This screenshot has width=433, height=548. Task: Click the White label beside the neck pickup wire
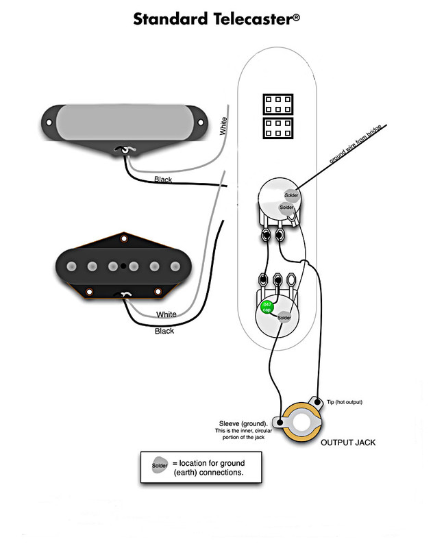pyautogui.click(x=224, y=127)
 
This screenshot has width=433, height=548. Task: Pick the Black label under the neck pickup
pyautogui.click(x=163, y=180)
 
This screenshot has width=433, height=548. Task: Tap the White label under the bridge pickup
pyautogui.click(x=166, y=314)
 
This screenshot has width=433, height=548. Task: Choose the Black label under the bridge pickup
pyautogui.click(x=164, y=331)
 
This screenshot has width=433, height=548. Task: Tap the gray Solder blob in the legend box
pyautogui.click(x=159, y=466)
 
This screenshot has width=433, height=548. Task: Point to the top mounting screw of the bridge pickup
pyautogui.click(x=125, y=239)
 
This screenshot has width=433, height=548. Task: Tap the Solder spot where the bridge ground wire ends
pyautogui.click(x=292, y=195)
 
